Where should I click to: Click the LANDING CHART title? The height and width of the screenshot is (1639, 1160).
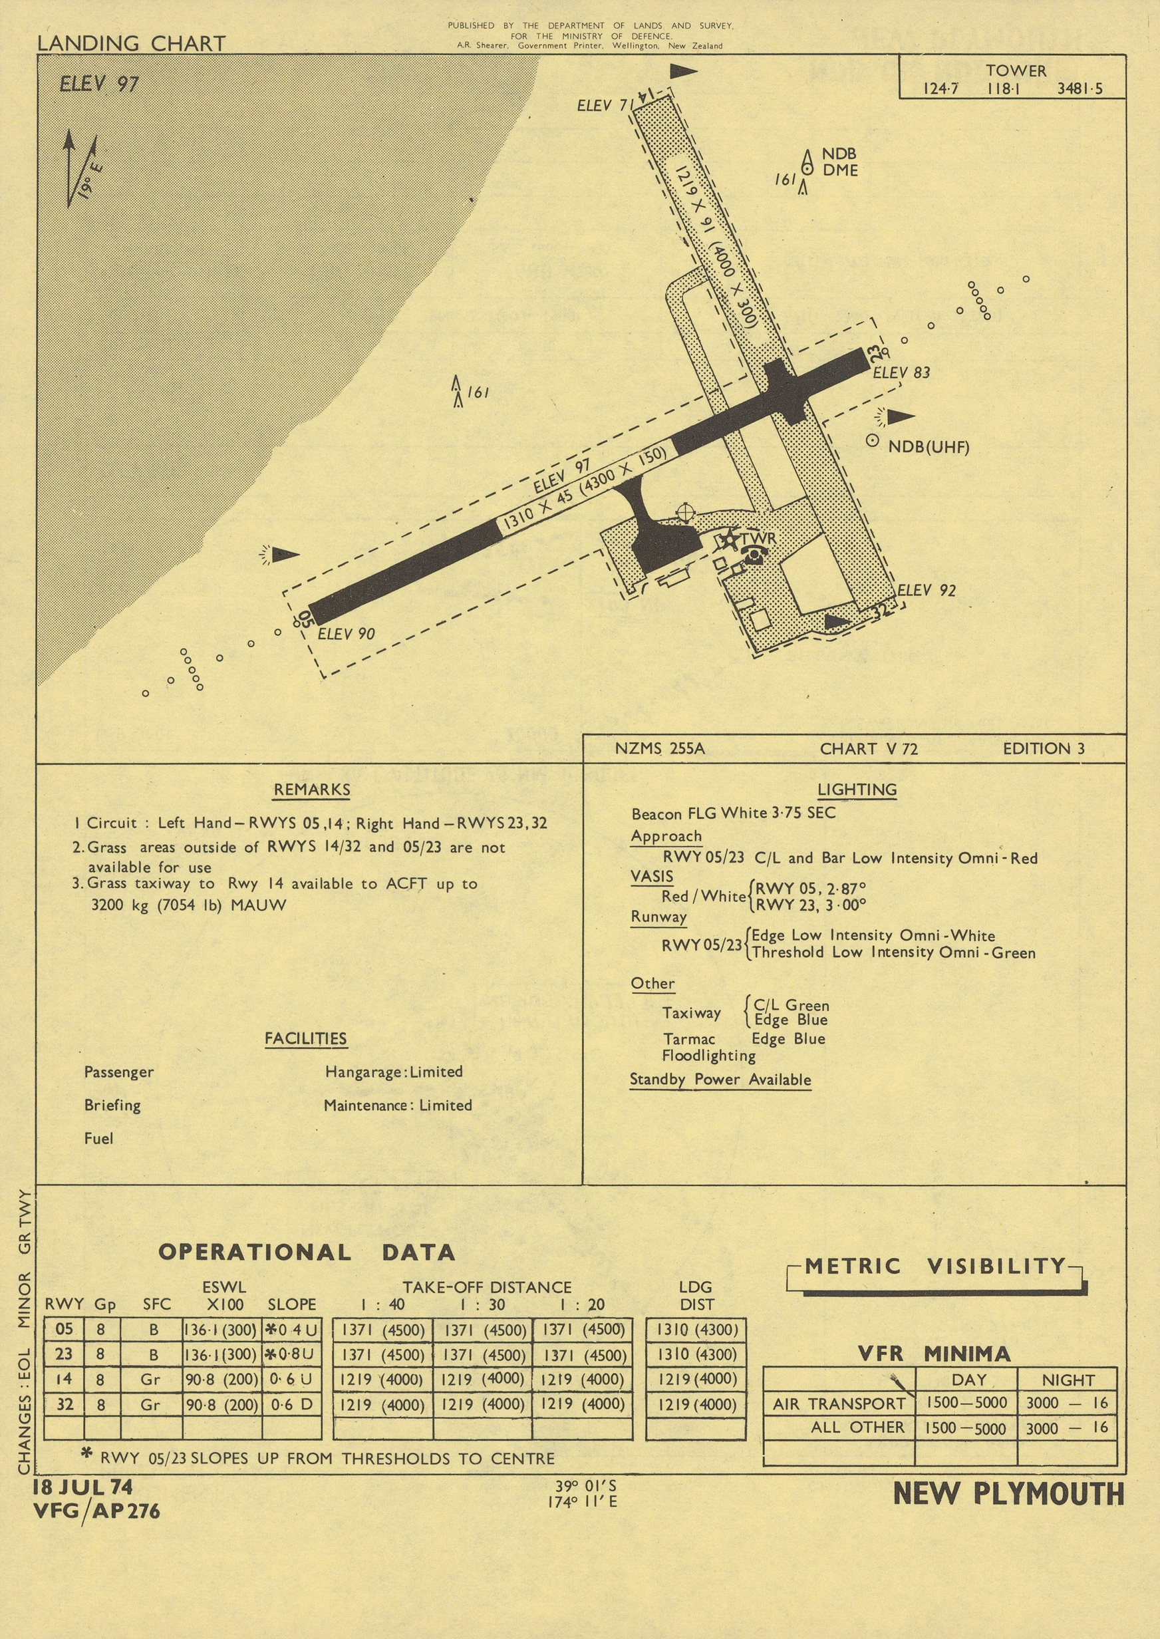pyautogui.click(x=132, y=43)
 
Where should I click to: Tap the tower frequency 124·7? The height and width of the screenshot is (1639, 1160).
pyautogui.click(x=941, y=88)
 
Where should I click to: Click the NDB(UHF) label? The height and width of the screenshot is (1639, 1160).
pyautogui.click(x=928, y=448)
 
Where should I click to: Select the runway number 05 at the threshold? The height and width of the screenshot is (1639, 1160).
pyautogui.click(x=306, y=619)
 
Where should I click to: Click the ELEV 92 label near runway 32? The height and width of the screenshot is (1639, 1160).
pyautogui.click(x=926, y=590)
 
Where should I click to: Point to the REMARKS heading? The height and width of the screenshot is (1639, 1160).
pyautogui.click(x=311, y=789)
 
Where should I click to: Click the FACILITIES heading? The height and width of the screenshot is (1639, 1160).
pyautogui.click(x=306, y=1038)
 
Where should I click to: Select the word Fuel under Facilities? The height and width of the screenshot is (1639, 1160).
pyautogui.click(x=98, y=1138)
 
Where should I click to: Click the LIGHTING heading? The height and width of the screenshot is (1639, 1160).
pyautogui.click(x=857, y=789)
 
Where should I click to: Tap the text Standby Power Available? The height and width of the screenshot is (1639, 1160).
pyautogui.click(x=720, y=1079)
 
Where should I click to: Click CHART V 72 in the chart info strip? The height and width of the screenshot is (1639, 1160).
pyautogui.click(x=869, y=748)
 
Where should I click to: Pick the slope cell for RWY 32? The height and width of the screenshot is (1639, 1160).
pyautogui.click(x=291, y=1404)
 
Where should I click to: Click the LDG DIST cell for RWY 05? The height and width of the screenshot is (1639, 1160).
pyautogui.click(x=696, y=1330)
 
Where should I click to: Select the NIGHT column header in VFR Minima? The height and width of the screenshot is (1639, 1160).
pyautogui.click(x=1068, y=1380)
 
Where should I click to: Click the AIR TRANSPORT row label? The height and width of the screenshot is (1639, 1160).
pyautogui.click(x=839, y=1404)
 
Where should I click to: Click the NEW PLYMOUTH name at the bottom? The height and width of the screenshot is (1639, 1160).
pyautogui.click(x=1008, y=1494)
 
